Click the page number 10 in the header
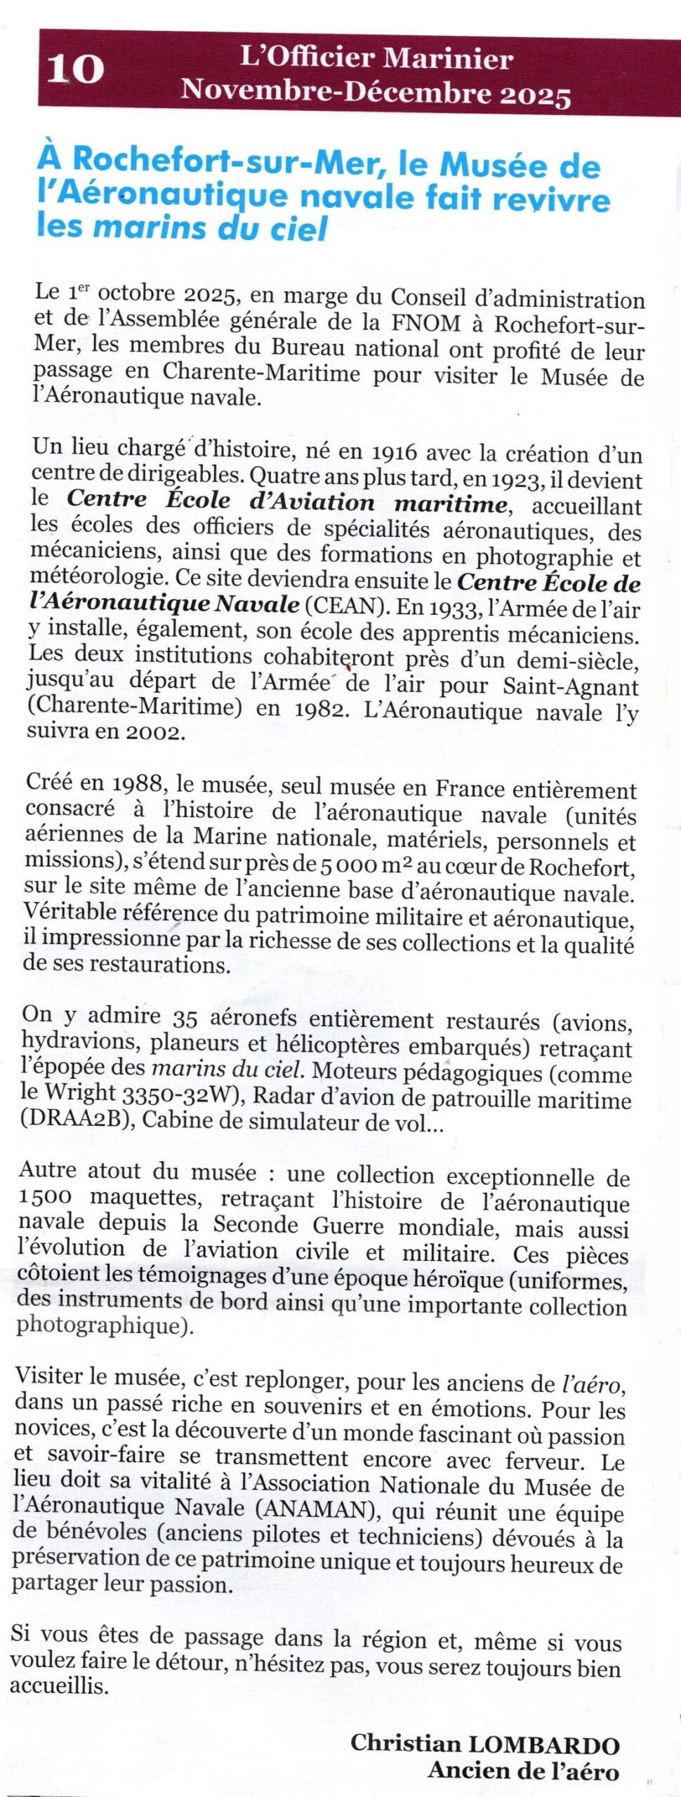[75, 69]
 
